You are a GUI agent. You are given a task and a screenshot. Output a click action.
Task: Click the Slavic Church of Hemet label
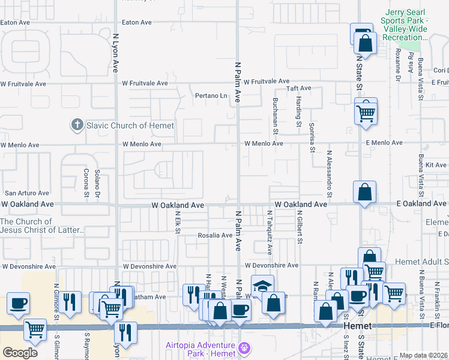tap(130, 125)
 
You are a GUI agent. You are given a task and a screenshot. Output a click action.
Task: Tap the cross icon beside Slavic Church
tap(77, 125)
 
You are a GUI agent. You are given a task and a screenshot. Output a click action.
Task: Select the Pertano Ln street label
tap(212, 95)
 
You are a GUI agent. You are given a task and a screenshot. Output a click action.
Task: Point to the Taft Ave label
tap(298, 88)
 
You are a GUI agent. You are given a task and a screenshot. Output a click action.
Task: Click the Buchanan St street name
tap(276, 116)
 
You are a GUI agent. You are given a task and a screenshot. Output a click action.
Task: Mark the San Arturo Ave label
tap(26, 193)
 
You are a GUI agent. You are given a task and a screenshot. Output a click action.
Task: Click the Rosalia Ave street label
tap(215, 235)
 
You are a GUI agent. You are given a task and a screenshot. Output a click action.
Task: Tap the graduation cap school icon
tap(263, 286)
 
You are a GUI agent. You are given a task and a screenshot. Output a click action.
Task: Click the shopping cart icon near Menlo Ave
tap(366, 112)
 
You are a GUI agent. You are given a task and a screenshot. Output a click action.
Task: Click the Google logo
tap(20, 353)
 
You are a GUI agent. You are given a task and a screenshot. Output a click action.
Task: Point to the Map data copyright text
tap(423, 355)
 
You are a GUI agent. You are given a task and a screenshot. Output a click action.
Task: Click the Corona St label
tap(85, 185)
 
